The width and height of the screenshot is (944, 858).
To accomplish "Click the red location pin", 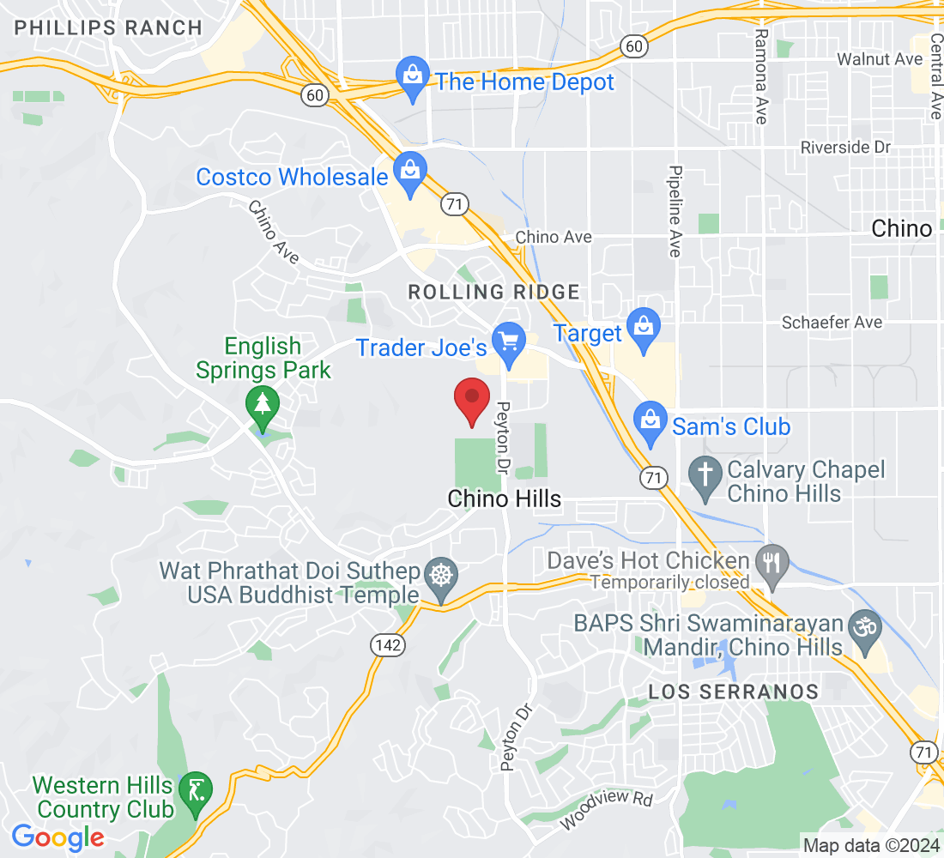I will click(471, 399).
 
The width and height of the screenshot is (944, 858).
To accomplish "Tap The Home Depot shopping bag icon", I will click(413, 78).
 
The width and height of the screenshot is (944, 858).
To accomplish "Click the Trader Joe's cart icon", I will click(510, 343).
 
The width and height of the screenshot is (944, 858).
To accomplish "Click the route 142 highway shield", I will click(389, 644).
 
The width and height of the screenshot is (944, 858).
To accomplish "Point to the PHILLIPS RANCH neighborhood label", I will click(108, 27).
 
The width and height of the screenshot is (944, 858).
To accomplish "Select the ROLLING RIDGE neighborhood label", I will click(493, 292).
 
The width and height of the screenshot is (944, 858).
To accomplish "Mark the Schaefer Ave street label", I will click(832, 323).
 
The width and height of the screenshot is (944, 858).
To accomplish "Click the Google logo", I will click(58, 837).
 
